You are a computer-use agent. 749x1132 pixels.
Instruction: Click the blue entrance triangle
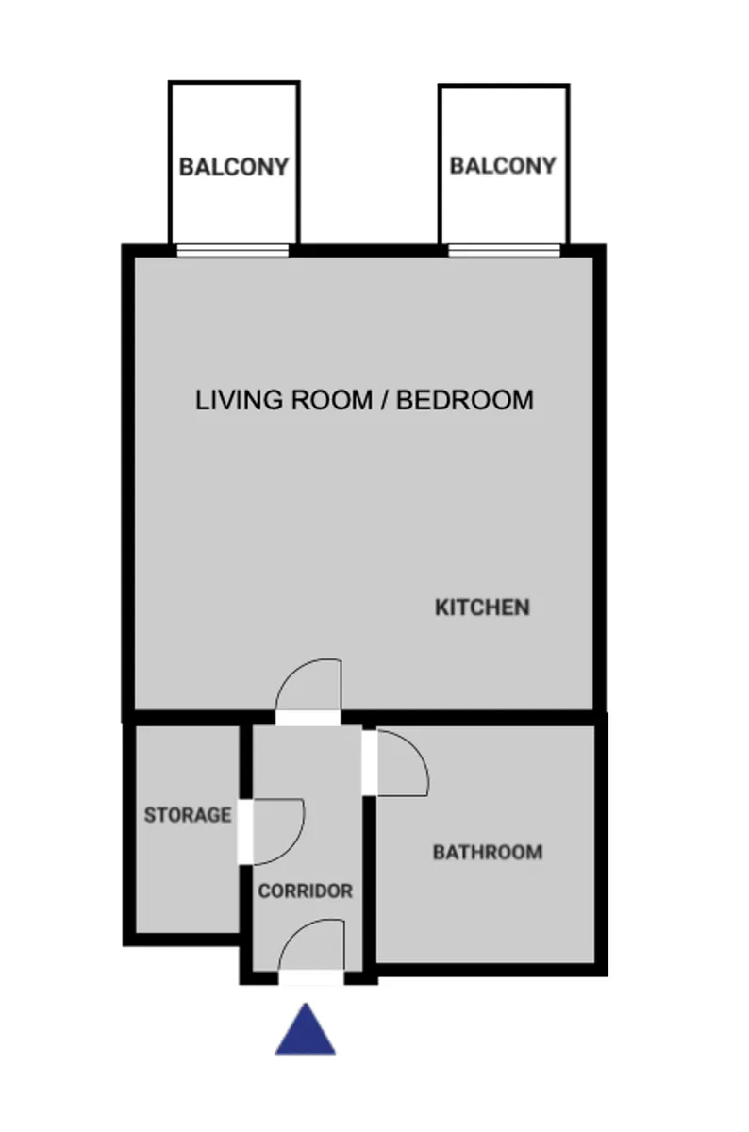306,1037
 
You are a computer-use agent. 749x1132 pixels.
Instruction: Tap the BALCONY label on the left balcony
234,167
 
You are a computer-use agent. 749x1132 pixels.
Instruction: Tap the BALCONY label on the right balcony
503,166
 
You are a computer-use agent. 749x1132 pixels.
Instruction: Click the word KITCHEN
482,608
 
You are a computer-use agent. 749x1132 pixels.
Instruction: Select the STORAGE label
188,815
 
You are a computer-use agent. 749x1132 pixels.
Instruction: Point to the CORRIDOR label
306,891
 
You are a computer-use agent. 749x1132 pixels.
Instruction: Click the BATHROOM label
488,852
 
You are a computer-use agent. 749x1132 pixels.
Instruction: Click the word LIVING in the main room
239,400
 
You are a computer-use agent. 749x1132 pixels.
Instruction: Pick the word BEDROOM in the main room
464,400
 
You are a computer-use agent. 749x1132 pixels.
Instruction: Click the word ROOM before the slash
331,400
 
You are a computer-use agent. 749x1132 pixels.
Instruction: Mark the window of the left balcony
232,251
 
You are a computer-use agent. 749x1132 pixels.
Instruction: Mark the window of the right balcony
504,251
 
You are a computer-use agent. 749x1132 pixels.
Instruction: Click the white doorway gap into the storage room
245,832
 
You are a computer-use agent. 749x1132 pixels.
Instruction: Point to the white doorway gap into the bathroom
370,762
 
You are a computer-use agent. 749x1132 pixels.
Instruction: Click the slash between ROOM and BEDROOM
385,400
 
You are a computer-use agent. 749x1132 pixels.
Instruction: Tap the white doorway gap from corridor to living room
308,718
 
